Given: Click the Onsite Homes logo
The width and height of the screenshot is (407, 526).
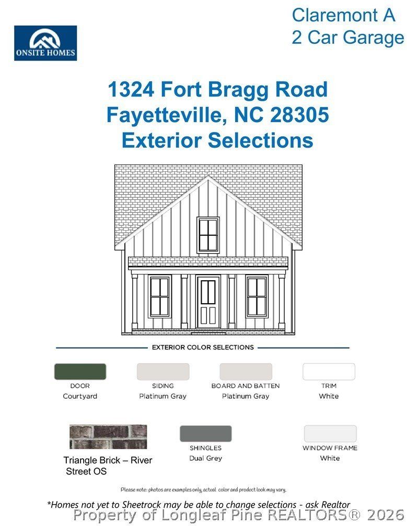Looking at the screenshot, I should (x=45, y=43).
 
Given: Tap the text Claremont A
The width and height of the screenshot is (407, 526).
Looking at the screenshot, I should (x=343, y=15).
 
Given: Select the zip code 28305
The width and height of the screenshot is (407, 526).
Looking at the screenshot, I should (x=299, y=115).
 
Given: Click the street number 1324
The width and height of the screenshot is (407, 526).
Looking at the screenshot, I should (x=131, y=90).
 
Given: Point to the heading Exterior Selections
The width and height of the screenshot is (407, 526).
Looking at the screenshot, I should (x=217, y=140).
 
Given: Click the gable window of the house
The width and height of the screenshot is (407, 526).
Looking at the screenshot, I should (x=208, y=235).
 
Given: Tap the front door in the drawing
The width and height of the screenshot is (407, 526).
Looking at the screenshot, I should (x=208, y=303).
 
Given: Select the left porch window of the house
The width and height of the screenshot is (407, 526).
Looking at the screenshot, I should (x=159, y=296).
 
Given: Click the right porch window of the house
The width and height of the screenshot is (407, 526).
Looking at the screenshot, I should (x=257, y=296).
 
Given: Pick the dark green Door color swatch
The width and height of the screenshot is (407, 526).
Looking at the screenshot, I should (x=80, y=372).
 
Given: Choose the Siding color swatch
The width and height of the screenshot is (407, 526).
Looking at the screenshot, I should (x=163, y=372).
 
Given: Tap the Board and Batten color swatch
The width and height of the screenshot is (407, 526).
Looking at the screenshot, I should (x=246, y=372).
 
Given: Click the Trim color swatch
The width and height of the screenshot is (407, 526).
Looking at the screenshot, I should (x=329, y=372).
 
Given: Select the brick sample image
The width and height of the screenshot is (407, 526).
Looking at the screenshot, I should (x=108, y=437).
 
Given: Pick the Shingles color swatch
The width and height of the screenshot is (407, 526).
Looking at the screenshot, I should (x=205, y=434).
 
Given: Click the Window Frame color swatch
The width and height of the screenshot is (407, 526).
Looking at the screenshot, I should (x=330, y=434).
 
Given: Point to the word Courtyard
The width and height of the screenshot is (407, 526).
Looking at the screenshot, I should (x=80, y=396).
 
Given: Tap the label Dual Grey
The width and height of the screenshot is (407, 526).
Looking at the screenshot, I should (x=205, y=458).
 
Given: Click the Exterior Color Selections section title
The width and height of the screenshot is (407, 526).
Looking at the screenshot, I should (x=203, y=347).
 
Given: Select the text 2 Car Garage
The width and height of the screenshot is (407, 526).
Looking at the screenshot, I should (x=347, y=38).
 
